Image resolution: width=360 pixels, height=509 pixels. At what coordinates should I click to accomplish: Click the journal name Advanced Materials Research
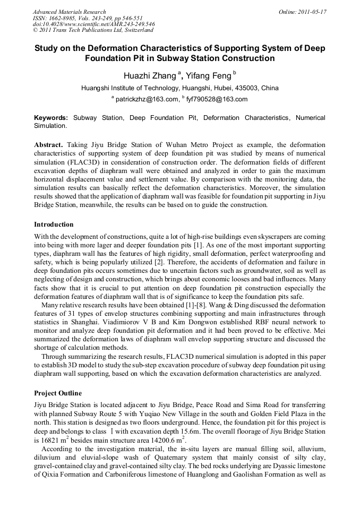pos(69,12)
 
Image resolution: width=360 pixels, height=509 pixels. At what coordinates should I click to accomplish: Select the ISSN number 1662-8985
pos(62,18)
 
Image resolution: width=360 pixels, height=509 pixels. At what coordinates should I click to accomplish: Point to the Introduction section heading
pos(54,225)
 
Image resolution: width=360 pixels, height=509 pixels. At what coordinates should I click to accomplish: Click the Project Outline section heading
pos(58,393)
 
